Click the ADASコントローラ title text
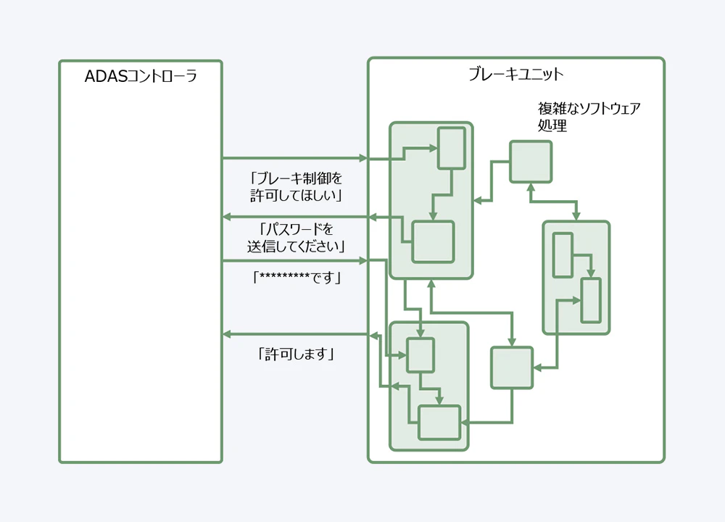[141, 77]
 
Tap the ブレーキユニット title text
[515, 74]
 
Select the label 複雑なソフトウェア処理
[589, 117]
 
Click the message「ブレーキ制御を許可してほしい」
[295, 186]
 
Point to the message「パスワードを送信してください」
[295, 238]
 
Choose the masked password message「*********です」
[295, 277]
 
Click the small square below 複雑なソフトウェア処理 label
[530, 162]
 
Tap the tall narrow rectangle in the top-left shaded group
[450, 148]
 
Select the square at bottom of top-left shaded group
[433, 241]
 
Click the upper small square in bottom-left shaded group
[420, 355]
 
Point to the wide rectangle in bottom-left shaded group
[439, 422]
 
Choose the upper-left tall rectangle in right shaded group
[563, 254]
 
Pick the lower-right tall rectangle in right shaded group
[591, 299]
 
